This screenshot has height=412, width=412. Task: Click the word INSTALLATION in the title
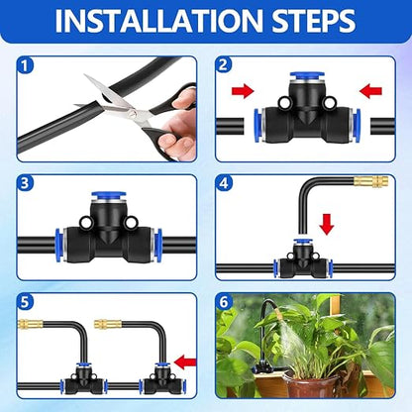[160, 21]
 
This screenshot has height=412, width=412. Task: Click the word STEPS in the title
[314, 21]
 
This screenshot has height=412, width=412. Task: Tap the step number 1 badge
[25, 65]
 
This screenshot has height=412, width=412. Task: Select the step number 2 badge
[223, 64]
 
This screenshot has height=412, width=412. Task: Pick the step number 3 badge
[25, 183]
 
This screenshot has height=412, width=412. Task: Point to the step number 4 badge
[224, 183]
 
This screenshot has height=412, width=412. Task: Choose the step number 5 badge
[25, 301]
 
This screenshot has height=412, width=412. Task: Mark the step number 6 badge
[224, 301]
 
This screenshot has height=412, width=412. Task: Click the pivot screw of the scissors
[132, 114]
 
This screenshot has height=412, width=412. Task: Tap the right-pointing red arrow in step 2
[243, 91]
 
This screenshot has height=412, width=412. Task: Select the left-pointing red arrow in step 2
[370, 91]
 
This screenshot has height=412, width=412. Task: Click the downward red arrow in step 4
[327, 225]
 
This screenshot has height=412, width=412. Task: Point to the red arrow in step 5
[185, 362]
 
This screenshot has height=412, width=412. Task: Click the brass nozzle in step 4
[370, 181]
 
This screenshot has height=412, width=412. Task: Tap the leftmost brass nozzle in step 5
[31, 324]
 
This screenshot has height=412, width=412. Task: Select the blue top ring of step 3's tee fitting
[109, 196]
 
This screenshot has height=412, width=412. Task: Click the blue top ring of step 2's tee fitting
[307, 77]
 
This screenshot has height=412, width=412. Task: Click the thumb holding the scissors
[184, 98]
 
